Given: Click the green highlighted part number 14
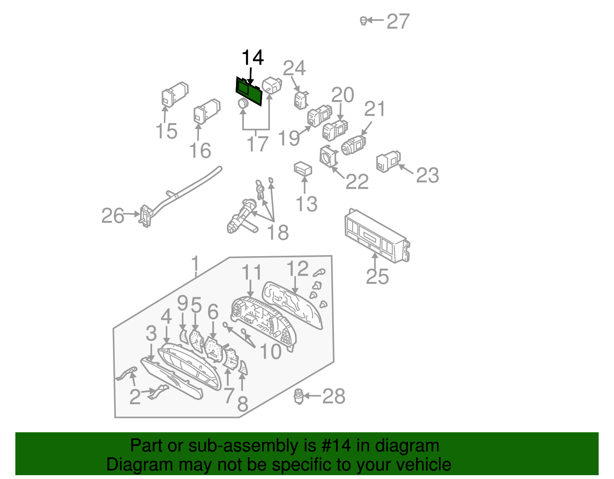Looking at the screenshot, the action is pyautogui.click(x=249, y=91).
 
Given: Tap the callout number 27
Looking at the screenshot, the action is pyautogui.click(x=398, y=21).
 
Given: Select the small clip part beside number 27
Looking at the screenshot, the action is pyautogui.click(x=363, y=21).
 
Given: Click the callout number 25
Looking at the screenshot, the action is pyautogui.click(x=377, y=276).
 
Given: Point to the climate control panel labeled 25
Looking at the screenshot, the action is pyautogui.click(x=377, y=236).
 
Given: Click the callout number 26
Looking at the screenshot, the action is pyautogui.click(x=112, y=216).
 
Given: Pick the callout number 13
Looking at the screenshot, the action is pyautogui.click(x=307, y=204).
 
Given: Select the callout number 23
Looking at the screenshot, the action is pyautogui.click(x=427, y=175).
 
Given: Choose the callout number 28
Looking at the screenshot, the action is pyautogui.click(x=334, y=396).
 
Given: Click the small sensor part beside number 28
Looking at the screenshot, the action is pyautogui.click(x=299, y=396).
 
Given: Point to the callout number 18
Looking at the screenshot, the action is pyautogui.click(x=278, y=232).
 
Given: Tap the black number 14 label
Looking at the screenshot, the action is pyautogui.click(x=253, y=57).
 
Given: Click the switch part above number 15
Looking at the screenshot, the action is pyautogui.click(x=175, y=95).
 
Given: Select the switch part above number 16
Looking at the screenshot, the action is pyautogui.click(x=207, y=111).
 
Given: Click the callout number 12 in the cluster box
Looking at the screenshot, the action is pyautogui.click(x=297, y=268).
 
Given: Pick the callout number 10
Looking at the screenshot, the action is pyautogui.click(x=271, y=352).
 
